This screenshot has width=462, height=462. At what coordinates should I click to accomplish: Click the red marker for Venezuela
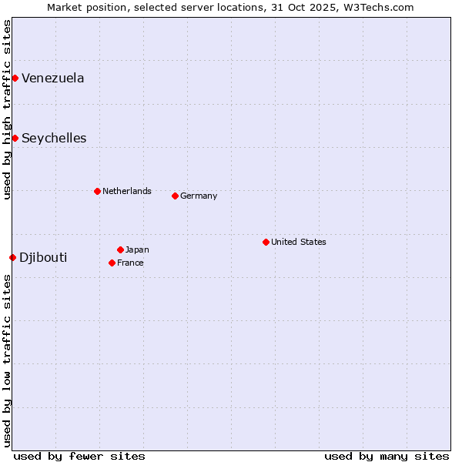15,78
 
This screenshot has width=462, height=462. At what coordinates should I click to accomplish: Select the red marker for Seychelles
15,138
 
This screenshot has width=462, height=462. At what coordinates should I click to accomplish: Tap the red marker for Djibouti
12,257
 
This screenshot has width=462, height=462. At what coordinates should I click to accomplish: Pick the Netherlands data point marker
97,191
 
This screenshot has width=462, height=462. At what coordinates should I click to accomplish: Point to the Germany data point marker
175,196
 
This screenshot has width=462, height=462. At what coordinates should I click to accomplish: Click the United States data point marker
266,242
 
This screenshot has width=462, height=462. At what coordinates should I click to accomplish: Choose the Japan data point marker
120,249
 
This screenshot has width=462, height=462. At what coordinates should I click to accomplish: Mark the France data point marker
112,263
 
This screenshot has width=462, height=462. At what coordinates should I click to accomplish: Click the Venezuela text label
53,78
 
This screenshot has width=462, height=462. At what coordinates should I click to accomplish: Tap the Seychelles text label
54,139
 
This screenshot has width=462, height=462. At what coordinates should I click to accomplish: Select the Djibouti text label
43,257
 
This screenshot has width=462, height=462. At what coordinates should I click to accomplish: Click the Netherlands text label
127,191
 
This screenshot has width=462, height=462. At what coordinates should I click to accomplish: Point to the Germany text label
199,196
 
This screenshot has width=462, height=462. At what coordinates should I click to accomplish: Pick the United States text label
299,242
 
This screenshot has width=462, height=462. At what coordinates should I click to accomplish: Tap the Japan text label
137,249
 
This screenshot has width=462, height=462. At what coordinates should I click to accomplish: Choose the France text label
130,263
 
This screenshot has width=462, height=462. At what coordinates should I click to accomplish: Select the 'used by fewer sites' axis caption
79,456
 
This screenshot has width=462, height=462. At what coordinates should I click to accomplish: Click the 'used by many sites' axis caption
387,456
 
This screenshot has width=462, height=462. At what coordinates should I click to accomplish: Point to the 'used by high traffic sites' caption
7,109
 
